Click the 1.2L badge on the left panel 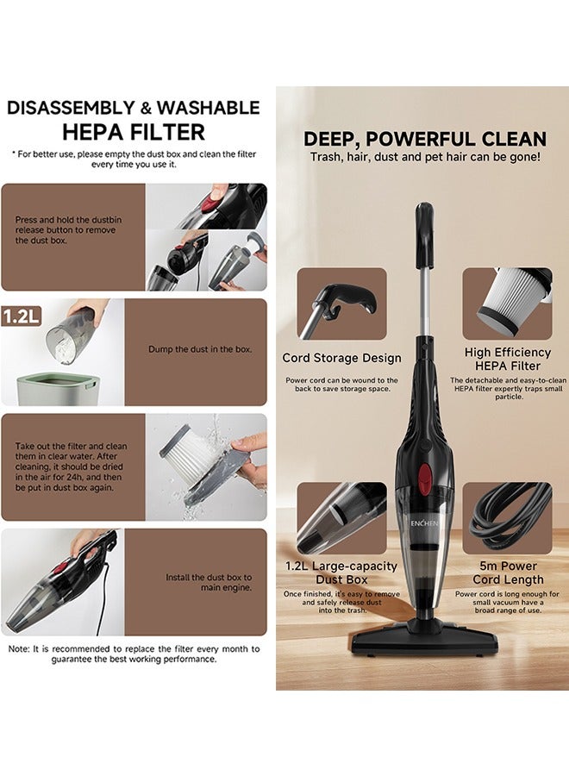pos(21,315)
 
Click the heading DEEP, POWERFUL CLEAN pos(424,139)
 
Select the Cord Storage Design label pos(341,358)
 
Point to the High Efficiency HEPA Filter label pos(507,358)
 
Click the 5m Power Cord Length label pos(507,573)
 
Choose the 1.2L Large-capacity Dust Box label pos(341,573)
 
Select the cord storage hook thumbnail pos(341,304)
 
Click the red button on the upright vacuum pos(423,471)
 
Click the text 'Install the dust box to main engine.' pos(209,582)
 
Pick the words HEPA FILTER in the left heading pos(134,132)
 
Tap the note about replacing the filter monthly pos(133,654)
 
